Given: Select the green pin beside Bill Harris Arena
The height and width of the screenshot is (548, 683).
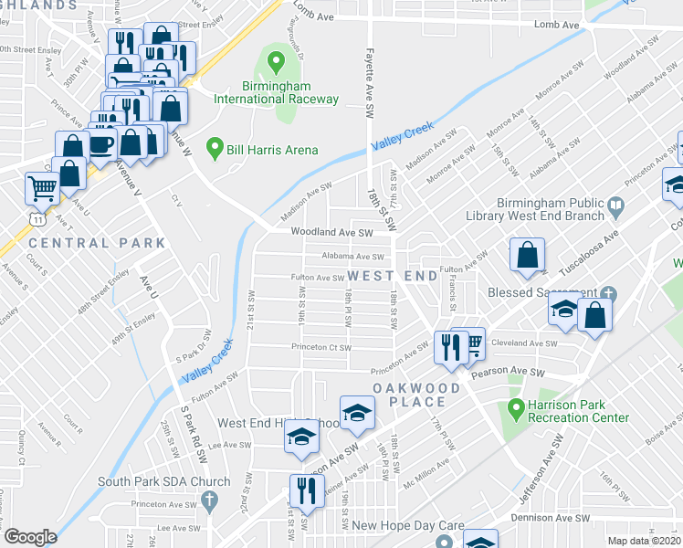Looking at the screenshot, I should (x=215, y=147).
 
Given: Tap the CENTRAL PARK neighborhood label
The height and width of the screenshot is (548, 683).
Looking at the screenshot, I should (x=97, y=243).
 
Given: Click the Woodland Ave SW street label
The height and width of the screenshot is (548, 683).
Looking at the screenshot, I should (x=332, y=233).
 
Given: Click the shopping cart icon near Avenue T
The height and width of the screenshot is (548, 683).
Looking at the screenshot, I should (x=42, y=188).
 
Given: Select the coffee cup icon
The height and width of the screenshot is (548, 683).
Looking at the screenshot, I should (x=100, y=143).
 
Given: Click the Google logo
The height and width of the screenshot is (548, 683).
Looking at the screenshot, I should (x=30, y=537).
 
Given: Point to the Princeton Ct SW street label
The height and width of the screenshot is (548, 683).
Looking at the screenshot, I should (x=320, y=347).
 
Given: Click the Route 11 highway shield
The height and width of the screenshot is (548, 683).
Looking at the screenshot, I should (x=34, y=220).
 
